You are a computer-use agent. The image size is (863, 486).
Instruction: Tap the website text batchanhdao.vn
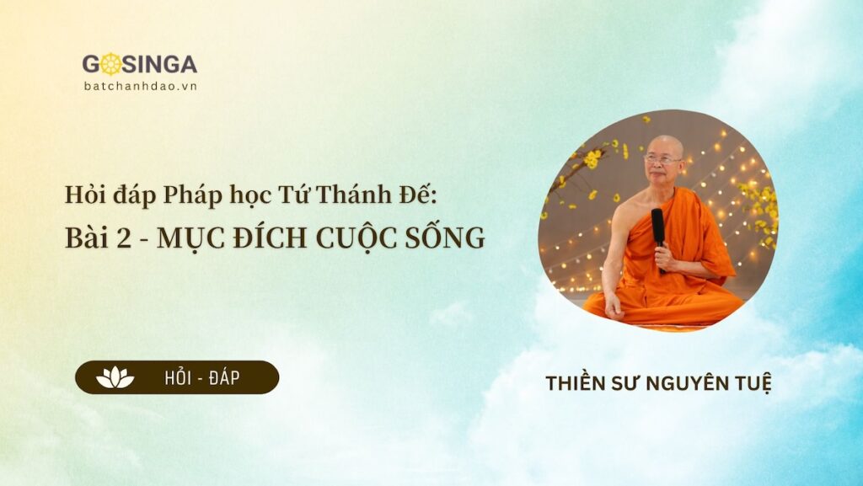point(140,86)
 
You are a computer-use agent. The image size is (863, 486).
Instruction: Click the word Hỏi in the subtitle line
point(82,195)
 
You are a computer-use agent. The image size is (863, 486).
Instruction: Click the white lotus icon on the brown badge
point(115,377)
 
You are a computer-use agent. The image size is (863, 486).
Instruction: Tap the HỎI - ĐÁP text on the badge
point(201,378)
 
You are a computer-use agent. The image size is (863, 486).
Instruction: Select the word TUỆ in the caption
point(752,383)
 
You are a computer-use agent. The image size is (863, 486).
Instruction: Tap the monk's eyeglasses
point(663,158)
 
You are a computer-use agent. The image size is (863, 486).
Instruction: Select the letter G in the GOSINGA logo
point(91,65)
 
